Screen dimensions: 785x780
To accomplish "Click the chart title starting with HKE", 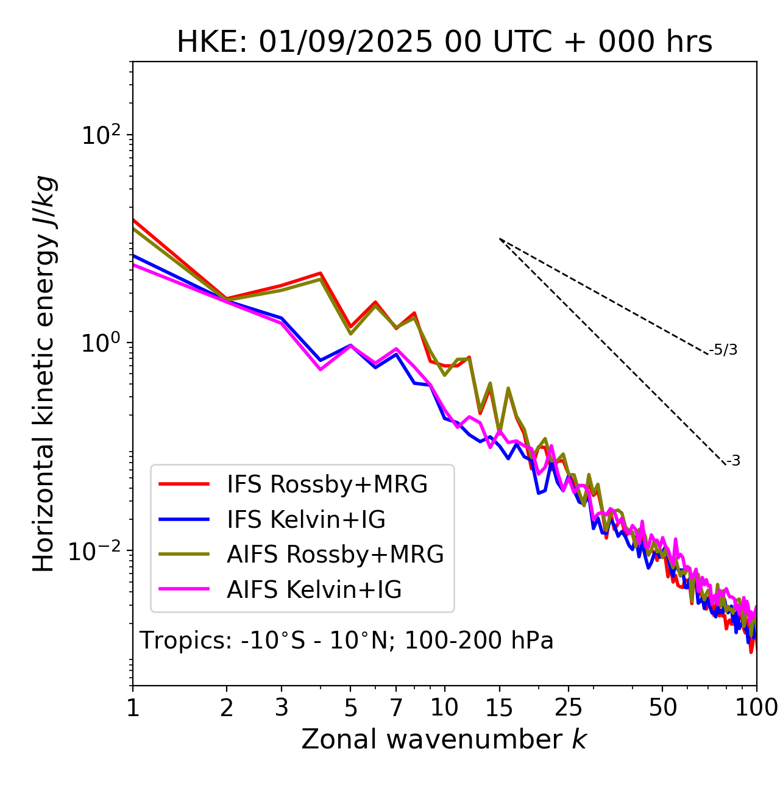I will tap(444, 42).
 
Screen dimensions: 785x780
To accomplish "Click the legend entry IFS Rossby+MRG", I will tap(327, 485).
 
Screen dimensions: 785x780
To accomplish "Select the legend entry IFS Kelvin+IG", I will tap(306, 520).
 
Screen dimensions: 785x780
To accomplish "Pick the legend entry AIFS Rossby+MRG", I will tap(335, 555).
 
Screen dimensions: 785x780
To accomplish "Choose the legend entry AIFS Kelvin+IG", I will tap(314, 590).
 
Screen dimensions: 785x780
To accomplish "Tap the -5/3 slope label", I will tap(723, 350).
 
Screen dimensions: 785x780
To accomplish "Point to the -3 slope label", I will tap(733, 461).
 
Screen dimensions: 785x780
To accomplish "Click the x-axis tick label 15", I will tap(499, 708).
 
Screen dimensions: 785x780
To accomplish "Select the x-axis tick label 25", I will tap(569, 708).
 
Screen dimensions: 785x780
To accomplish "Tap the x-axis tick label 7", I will tap(396, 708).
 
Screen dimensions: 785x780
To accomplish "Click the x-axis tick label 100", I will tap(756, 708).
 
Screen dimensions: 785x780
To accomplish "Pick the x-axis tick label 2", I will tap(227, 708).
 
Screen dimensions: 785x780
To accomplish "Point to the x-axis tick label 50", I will tap(662, 708).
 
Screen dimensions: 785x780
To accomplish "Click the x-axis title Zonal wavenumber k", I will tap(444, 739).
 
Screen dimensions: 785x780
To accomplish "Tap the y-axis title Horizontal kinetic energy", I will tap(44, 374).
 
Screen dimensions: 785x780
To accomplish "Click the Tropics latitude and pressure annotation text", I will tap(346, 641).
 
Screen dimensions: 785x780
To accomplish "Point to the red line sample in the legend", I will tap(184, 485).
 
